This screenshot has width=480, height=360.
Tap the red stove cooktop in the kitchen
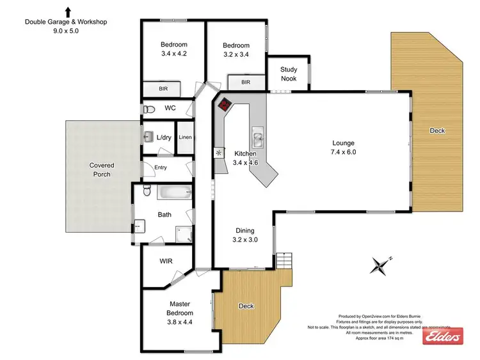point(225,106)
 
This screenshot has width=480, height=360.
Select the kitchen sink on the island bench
point(259,135)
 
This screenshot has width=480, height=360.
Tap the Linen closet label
point(185,137)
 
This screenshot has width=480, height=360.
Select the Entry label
point(160,168)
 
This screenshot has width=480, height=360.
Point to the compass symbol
point(381,264)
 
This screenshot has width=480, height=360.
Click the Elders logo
point(443,337)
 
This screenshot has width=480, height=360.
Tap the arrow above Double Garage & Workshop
point(67,12)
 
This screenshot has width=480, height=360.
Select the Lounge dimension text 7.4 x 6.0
point(343,152)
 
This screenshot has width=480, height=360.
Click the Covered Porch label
point(102,169)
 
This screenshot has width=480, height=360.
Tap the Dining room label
point(244,231)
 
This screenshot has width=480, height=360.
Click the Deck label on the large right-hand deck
point(437,130)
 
